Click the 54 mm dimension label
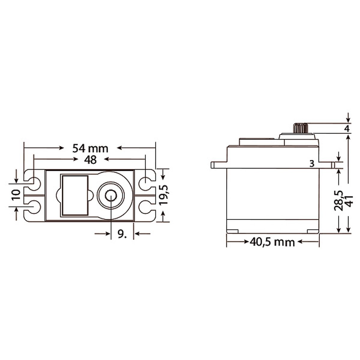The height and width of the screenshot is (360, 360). point(90,148)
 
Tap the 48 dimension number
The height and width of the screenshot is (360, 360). point(90,160)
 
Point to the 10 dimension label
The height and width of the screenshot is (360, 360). point(17,195)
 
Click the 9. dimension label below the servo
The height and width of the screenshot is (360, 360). point(121,234)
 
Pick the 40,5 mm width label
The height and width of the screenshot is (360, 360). point(272,242)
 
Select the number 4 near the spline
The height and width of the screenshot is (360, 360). point(347,129)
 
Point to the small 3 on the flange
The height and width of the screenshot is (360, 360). point(312,164)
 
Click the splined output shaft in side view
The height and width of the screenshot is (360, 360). point(300,128)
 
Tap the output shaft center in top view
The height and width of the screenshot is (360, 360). point(111,196)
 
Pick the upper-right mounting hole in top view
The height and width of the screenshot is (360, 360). point(145,181)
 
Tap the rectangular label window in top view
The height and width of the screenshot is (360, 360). point(75,195)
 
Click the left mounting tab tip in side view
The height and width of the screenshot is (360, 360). point(213,165)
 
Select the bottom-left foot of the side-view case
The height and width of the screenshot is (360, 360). point(233,231)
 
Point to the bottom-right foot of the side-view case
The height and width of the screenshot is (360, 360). point(313,231)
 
